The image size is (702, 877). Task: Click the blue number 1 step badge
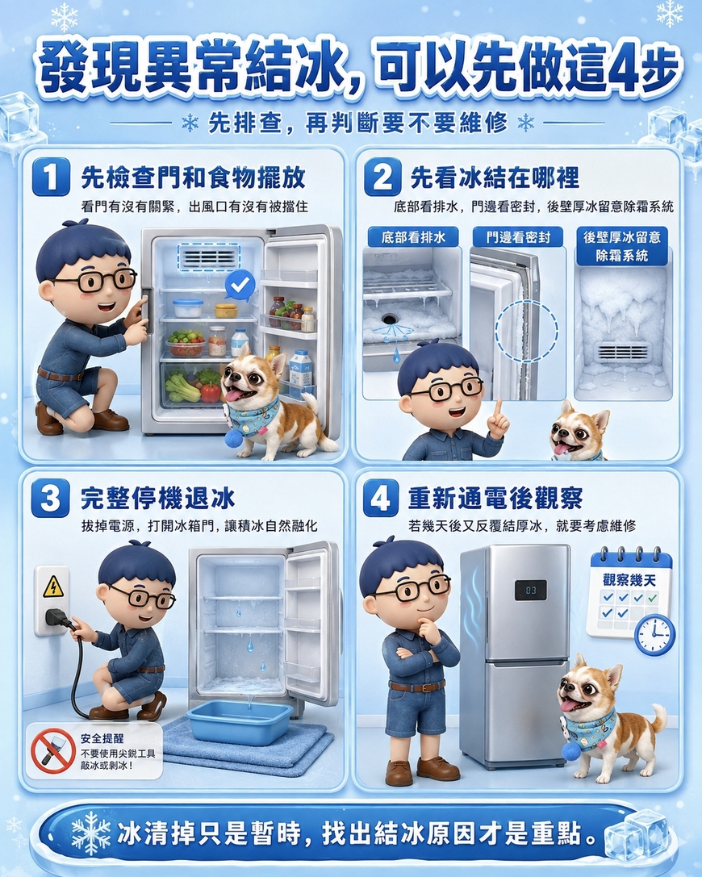click(x=51, y=177)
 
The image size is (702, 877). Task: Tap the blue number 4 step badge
click(x=381, y=498)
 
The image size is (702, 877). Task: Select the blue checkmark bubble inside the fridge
click(x=240, y=286)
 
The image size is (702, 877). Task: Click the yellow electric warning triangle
click(x=53, y=587)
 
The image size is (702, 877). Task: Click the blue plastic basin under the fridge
click(x=240, y=722)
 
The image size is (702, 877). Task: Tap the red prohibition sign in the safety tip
click(x=53, y=750)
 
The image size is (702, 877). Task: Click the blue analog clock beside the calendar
click(x=654, y=635)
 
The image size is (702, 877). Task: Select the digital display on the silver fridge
click(x=530, y=590)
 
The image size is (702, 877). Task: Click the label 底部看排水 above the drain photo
click(x=413, y=237)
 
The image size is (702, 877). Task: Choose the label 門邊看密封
click(x=518, y=237)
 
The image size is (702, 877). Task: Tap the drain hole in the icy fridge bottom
click(x=390, y=319)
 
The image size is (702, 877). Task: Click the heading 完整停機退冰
click(x=157, y=498)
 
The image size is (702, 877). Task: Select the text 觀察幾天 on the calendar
click(x=629, y=579)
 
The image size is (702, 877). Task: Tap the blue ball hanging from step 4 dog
click(x=571, y=751)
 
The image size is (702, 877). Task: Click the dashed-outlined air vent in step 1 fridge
click(x=209, y=258)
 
